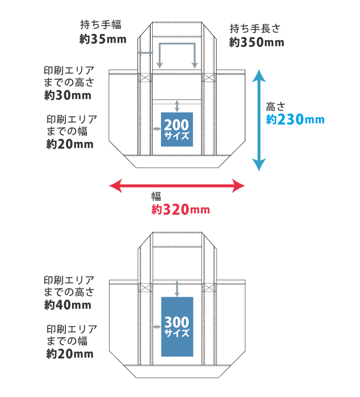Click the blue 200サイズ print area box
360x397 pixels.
[x=177, y=129]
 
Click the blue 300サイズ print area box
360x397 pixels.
[x=177, y=327]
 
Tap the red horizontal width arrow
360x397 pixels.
[x=177, y=186]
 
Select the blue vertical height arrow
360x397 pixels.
[x=259, y=121]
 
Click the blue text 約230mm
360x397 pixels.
[x=295, y=119]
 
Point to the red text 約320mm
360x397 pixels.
[x=181, y=210]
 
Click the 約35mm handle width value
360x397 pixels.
[x=103, y=39]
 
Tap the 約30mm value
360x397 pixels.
[x=68, y=95]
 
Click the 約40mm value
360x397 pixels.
[x=68, y=305]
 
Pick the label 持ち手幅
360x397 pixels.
[x=101, y=25]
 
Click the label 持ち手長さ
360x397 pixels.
[x=256, y=29]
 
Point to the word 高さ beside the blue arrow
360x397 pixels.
[x=275, y=107]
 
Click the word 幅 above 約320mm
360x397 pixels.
[x=156, y=196]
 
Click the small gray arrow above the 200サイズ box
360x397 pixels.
[x=177, y=106]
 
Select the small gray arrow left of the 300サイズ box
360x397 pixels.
[x=156, y=327]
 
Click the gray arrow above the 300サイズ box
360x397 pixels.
[x=177, y=288]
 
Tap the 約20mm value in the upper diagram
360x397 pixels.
[x=70, y=145]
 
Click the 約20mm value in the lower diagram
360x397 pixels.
[x=70, y=354]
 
